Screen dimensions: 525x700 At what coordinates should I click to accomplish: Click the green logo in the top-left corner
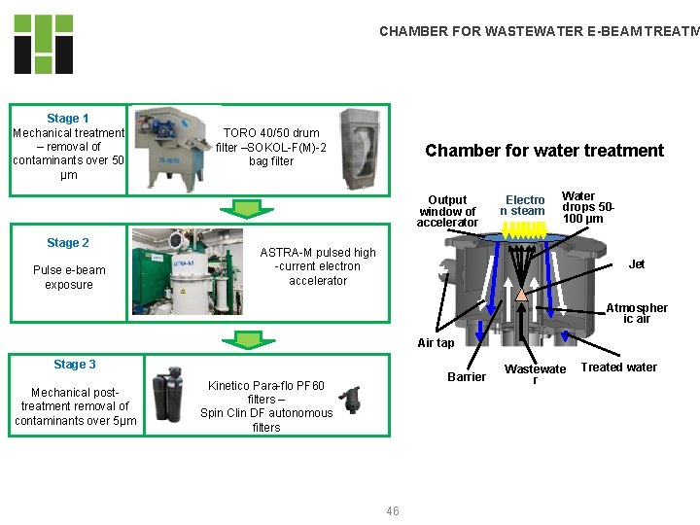click(x=44, y=45)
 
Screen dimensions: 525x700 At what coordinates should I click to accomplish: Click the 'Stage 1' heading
click(x=68, y=119)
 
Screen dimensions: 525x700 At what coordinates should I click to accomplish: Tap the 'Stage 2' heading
click(x=68, y=243)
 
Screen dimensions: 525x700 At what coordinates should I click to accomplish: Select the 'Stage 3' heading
click(x=75, y=365)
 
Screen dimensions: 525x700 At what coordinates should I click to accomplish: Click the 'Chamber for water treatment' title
click(x=544, y=151)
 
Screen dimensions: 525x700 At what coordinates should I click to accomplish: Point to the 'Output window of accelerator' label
click(x=447, y=211)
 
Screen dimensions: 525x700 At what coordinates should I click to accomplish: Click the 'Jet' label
click(x=637, y=264)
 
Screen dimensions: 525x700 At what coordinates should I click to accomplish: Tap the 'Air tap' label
click(x=436, y=342)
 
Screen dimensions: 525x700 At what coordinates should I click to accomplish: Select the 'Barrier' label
click(x=467, y=376)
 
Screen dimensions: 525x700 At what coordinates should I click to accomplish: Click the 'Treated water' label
click(x=618, y=367)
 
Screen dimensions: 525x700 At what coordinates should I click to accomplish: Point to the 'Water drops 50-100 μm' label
click(x=588, y=207)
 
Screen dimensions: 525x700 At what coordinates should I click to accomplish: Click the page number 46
click(x=393, y=510)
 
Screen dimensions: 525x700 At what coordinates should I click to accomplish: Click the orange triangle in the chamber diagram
click(x=522, y=295)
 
